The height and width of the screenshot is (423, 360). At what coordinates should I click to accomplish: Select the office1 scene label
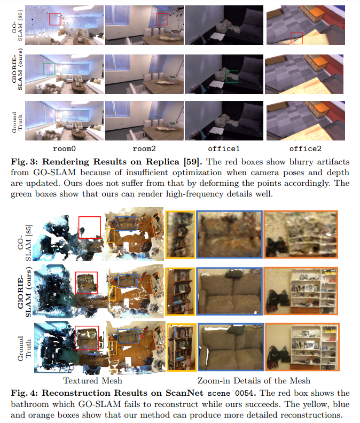point(224,148)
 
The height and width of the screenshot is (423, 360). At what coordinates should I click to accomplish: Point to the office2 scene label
point(304,148)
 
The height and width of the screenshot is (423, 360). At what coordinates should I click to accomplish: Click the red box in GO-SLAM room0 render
point(55,19)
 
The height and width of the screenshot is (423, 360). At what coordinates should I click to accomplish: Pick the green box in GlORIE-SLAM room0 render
point(49,68)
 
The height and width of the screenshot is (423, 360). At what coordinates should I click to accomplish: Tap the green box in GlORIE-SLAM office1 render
point(232,76)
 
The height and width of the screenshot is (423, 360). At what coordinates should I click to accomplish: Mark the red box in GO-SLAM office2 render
point(296,37)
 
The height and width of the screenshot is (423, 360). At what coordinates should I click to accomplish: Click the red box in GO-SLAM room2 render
point(162,19)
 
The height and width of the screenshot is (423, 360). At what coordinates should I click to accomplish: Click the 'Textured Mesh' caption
point(92,381)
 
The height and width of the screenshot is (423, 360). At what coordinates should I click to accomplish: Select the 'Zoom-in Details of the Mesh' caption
point(254,381)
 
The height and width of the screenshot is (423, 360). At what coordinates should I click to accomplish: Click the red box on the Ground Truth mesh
point(87,338)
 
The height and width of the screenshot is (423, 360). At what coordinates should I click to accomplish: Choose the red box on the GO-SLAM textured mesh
point(89,227)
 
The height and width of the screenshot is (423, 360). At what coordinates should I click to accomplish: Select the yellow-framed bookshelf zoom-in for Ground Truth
point(180,348)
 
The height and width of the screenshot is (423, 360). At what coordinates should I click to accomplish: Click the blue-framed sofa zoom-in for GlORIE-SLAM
point(229,291)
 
